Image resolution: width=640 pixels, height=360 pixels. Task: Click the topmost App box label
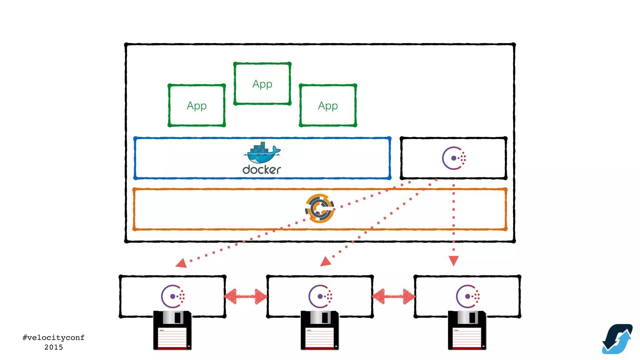tap(262, 84)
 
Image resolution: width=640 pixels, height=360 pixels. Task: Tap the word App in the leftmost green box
tap(197, 106)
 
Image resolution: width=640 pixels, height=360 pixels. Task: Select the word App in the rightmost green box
tap(328, 106)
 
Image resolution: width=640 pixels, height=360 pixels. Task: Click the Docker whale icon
tap(262, 153)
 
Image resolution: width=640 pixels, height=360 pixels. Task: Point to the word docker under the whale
tap(262, 170)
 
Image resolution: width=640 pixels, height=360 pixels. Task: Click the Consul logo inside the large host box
tap(454, 158)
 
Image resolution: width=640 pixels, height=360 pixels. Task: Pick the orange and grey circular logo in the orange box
tap(319, 208)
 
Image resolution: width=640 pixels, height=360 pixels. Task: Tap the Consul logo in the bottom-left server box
tap(173, 296)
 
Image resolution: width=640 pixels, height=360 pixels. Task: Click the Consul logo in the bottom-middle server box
tap(320, 296)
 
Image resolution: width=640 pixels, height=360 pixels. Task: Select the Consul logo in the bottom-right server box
tap(468, 296)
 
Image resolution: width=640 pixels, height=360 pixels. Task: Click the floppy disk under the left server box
tap(172, 330)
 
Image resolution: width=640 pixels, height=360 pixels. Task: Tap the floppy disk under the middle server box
tap(320, 330)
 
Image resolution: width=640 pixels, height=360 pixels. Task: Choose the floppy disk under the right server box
tap(467, 330)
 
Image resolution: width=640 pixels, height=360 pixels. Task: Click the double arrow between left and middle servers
tap(246, 296)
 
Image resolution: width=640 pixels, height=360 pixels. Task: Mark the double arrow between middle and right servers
tap(393, 296)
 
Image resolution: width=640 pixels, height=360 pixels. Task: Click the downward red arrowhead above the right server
tap(453, 260)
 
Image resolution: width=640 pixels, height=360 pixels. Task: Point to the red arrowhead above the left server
tap(182, 263)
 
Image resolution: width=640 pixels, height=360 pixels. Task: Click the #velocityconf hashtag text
tap(53, 337)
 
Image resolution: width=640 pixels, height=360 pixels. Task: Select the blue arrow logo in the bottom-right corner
tap(617, 339)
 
